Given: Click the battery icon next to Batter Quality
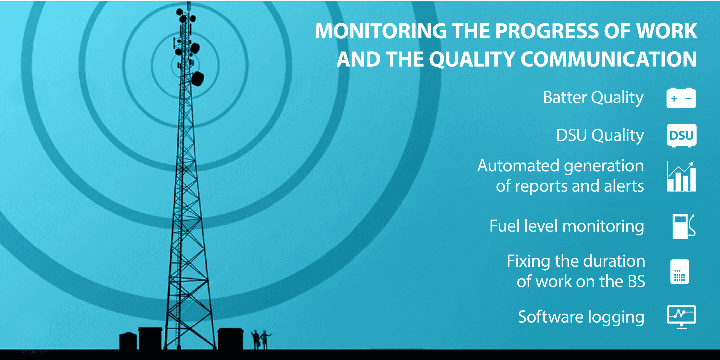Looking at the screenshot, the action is pyautogui.click(x=681, y=98).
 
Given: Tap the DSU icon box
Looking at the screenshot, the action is pyautogui.click(x=681, y=136).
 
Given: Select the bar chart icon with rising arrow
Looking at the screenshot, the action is pyautogui.click(x=681, y=177).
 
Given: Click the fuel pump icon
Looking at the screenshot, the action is pyautogui.click(x=684, y=226).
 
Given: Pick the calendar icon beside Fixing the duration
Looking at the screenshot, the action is pyautogui.click(x=679, y=272).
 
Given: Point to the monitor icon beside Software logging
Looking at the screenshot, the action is pyautogui.click(x=681, y=317).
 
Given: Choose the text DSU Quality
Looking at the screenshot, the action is pyautogui.click(x=600, y=136).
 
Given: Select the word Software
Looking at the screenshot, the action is pyautogui.click(x=551, y=317).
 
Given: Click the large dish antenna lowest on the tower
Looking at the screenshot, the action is pyautogui.click(x=198, y=78).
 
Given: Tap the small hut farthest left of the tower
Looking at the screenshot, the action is pyautogui.click(x=128, y=341).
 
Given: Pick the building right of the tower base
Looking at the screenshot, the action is pyautogui.click(x=230, y=339).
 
